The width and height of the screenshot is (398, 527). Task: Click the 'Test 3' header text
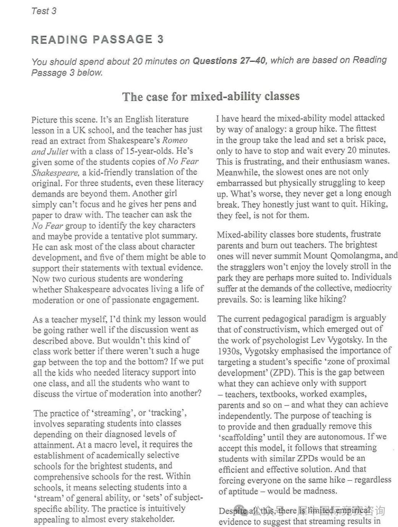click(x=44, y=11)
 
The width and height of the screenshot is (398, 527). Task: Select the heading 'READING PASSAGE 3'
click(x=97, y=39)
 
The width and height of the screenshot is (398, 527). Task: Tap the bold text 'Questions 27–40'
click(x=228, y=61)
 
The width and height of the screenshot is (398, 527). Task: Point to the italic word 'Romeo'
click(x=175, y=140)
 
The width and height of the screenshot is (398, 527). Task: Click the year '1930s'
click(x=229, y=350)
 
